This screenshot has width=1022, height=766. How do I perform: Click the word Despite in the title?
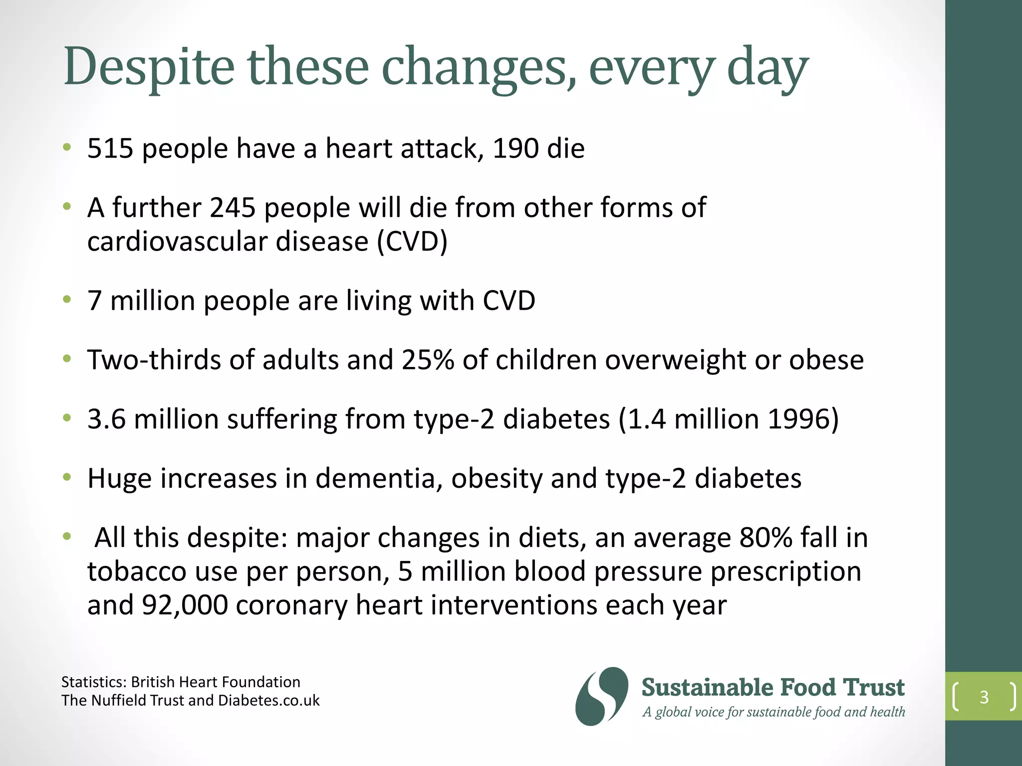(149, 67)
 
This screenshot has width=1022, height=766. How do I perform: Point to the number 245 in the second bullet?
(233, 207)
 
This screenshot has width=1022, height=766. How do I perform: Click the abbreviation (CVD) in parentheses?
(412, 242)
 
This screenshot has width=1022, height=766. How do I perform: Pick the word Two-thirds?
(154, 360)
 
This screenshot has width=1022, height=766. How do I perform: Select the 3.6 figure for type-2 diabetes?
(106, 419)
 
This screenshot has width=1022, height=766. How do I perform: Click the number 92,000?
(185, 605)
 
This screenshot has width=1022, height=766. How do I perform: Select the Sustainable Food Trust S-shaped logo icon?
(601, 696)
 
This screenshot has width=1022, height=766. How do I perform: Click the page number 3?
(984, 697)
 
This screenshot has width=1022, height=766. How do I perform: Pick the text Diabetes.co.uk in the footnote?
(268, 701)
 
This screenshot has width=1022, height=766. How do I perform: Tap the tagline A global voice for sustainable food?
(773, 712)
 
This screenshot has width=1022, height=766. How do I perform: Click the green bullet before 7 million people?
(67, 300)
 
